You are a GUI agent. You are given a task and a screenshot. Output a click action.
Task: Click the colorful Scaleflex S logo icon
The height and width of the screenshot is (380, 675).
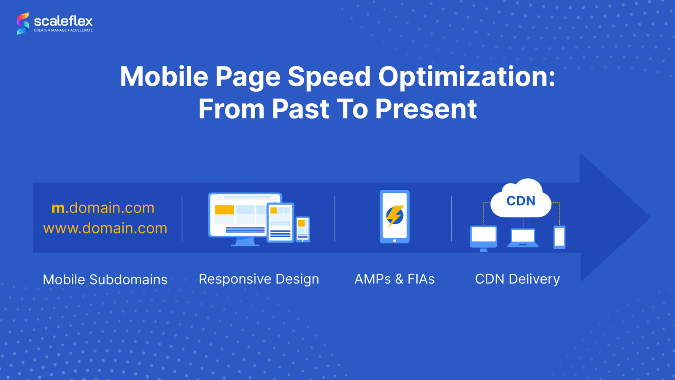(x=23, y=24)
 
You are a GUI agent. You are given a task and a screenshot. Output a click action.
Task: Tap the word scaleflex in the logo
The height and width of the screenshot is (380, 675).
(x=63, y=21)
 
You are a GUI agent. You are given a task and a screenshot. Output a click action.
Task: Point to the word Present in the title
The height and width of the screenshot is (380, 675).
(x=426, y=109)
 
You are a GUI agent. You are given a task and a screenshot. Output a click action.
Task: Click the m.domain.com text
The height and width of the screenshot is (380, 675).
(x=103, y=208)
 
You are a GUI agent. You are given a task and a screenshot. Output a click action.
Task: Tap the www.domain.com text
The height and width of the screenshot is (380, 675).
(x=105, y=228)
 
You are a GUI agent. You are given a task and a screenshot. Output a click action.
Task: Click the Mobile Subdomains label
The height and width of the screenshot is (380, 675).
(x=105, y=280)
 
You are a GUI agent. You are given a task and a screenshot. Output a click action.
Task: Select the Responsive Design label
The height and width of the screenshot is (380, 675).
(x=259, y=279)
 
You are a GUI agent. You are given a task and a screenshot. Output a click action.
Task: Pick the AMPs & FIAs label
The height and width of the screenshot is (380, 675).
(x=394, y=279)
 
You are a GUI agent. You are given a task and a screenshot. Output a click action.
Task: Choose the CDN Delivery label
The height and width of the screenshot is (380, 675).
(x=517, y=279)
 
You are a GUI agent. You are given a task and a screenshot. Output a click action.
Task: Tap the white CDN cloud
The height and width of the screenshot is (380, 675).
(x=521, y=199)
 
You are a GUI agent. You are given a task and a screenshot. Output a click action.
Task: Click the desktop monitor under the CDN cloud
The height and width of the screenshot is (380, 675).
(x=483, y=238)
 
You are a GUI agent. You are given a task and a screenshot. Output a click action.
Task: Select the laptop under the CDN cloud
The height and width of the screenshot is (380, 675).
(x=523, y=238)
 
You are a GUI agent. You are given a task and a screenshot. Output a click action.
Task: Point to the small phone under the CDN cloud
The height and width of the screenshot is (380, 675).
(x=559, y=237)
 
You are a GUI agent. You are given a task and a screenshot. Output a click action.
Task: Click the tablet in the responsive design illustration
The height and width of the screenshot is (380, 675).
(x=280, y=222)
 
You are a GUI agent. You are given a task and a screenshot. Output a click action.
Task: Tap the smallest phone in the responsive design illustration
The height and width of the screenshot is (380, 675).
(x=302, y=229)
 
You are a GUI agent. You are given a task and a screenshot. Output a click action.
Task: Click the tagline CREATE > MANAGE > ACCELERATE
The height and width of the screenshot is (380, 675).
(x=63, y=30)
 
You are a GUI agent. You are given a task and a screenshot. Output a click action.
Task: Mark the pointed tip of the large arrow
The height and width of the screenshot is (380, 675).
(x=651, y=217)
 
